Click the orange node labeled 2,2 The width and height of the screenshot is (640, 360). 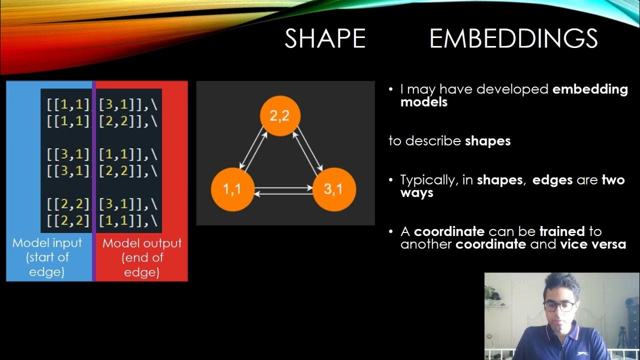click(x=280, y=116)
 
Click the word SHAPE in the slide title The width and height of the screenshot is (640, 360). click(x=325, y=39)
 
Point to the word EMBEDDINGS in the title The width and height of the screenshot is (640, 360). click(x=513, y=39)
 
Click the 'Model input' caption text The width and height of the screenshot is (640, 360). click(x=47, y=243)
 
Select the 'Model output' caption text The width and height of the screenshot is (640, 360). click(x=142, y=243)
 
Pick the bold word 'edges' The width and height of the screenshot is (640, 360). click(x=552, y=180)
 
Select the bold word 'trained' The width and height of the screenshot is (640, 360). click(x=562, y=231)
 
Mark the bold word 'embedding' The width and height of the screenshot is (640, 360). click(x=590, y=89)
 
